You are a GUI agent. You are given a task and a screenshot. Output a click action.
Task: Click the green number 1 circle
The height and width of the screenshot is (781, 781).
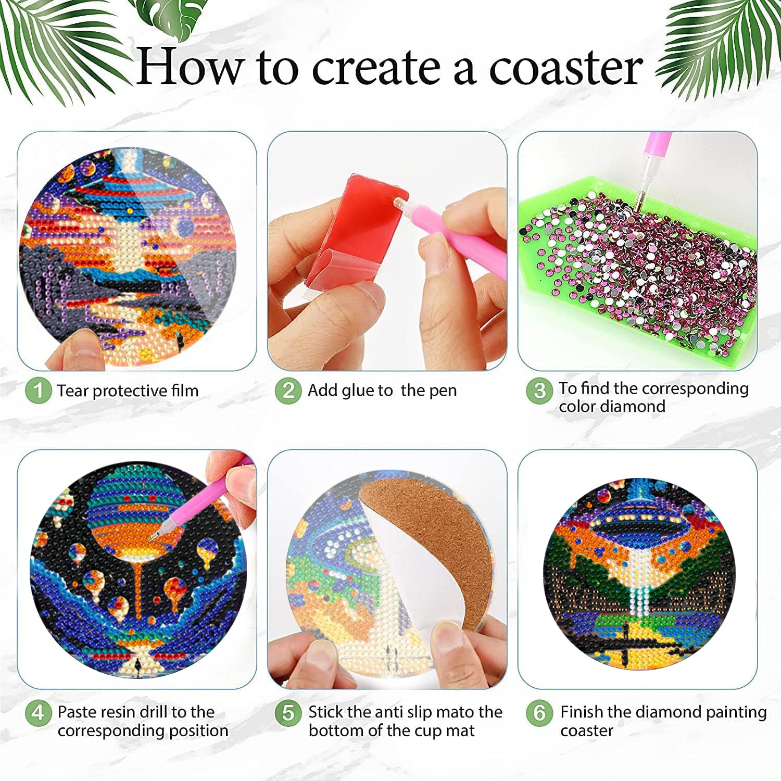coord(38,391)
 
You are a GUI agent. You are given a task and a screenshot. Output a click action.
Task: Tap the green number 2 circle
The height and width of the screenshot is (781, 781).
coord(288,391)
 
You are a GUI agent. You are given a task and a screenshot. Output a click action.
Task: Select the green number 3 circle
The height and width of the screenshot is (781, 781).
coord(539,391)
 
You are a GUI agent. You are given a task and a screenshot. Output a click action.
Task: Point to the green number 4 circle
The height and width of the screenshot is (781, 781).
coord(38,712)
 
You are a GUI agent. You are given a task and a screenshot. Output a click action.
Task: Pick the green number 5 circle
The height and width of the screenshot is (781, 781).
coord(288,712)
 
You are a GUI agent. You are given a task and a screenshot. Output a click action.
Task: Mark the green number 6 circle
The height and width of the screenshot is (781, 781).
coord(539,712)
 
